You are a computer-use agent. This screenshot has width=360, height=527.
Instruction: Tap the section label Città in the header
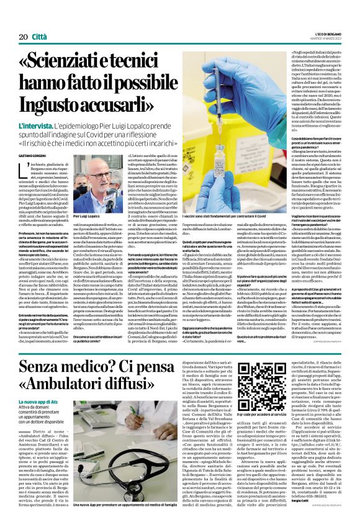40,19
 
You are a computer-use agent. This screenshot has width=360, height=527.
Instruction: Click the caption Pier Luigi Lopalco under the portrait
88,216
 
